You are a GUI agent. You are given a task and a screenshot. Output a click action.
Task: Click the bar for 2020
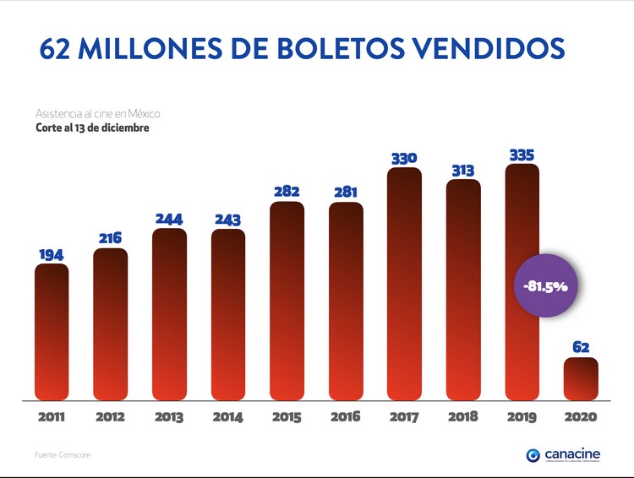(581, 378)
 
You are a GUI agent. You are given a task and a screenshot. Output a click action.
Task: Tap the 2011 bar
(52, 331)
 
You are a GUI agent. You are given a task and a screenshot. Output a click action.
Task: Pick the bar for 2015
(287, 300)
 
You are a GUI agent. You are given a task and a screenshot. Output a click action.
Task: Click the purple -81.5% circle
(545, 286)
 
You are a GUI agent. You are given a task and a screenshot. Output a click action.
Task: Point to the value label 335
(522, 155)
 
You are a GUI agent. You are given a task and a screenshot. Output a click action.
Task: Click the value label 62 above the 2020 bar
(581, 347)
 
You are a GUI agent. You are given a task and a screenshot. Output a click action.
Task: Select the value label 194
(52, 254)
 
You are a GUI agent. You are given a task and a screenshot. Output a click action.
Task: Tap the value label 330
(404, 158)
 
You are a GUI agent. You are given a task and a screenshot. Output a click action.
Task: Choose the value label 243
(228, 220)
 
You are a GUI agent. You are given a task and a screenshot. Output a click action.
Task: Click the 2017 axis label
(404, 416)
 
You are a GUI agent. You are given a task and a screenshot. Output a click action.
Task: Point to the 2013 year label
(169, 416)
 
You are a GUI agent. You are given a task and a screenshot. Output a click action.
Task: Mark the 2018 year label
(463, 416)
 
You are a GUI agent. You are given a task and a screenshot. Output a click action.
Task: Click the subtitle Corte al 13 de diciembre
(92, 128)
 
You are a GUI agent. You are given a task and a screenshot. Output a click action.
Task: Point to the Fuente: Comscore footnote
(63, 455)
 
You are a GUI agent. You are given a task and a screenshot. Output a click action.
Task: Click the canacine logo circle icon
(533, 455)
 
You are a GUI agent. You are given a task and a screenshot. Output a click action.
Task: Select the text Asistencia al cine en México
(97, 113)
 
